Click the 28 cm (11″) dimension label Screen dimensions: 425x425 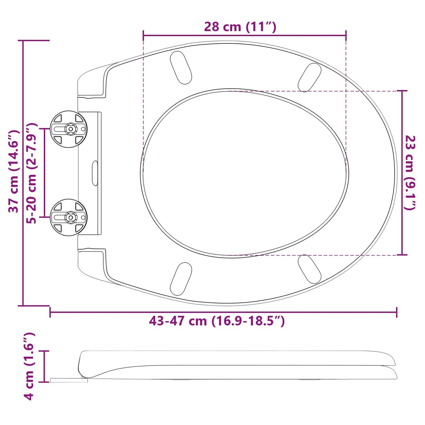coord(240,27)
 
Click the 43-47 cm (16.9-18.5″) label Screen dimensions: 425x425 coord(217,321)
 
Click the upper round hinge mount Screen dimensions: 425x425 coord(69,129)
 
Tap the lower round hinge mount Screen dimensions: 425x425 coord(69,217)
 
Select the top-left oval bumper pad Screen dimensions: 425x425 coord(181,68)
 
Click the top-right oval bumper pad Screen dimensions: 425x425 coord(309,77)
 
